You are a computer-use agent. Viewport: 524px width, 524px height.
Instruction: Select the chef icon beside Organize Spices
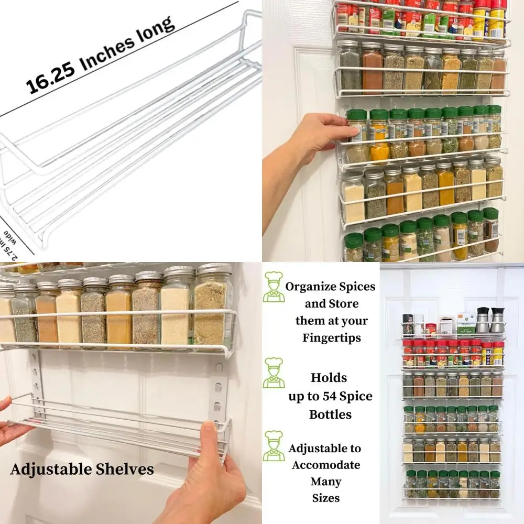pos(274,287)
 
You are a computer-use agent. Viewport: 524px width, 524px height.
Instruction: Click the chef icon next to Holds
pos(274,373)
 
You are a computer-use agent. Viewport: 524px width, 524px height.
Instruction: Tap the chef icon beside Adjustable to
pos(274,446)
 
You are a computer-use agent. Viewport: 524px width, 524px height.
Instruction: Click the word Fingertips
pos(332,338)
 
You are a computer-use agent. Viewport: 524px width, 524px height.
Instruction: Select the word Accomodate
pos(326,465)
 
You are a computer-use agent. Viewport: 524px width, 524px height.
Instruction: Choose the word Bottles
pos(330,414)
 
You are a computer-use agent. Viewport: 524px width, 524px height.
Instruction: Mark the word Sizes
pos(326,498)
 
